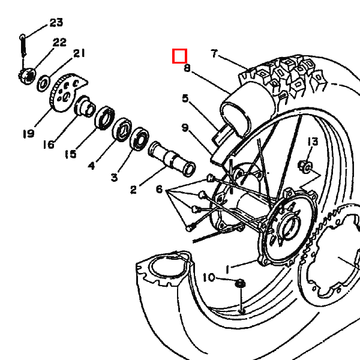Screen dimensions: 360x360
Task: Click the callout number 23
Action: tap(56, 23)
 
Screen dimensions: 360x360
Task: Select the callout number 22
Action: tap(59, 42)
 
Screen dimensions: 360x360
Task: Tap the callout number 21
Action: tap(79, 53)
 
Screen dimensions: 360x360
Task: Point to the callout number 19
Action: tap(29, 134)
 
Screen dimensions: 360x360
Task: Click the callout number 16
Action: tap(49, 145)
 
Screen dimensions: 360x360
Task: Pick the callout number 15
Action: tap(70, 154)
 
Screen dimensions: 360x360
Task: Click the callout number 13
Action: tap(313, 142)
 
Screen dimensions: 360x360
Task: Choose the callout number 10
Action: tap(209, 278)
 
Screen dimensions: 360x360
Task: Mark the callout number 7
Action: tap(214, 53)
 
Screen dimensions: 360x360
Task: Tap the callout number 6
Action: tap(159, 189)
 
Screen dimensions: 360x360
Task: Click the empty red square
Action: tap(179, 56)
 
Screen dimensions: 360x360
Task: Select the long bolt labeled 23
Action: tap(23, 46)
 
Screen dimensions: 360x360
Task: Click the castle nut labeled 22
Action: tap(28, 76)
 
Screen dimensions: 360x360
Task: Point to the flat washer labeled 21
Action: tap(43, 83)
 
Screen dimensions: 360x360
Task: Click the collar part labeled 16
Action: tap(85, 107)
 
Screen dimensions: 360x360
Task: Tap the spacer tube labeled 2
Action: tap(172, 159)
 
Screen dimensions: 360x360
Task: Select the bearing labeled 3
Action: tap(139, 139)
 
